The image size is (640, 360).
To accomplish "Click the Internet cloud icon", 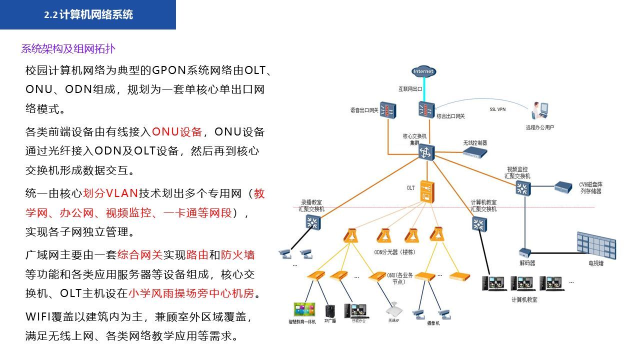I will click(x=423, y=71).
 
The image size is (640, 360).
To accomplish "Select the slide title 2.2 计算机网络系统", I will click(x=88, y=15).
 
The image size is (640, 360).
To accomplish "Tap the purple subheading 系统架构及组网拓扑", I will click(x=68, y=49).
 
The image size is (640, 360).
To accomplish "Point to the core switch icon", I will click(x=426, y=152).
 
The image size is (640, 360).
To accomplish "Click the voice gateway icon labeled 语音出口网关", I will click(x=387, y=110).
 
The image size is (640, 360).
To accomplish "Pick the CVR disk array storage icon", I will click(x=563, y=187).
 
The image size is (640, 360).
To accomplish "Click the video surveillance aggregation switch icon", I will click(x=522, y=188).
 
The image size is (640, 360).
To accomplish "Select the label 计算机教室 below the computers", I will click(x=524, y=300).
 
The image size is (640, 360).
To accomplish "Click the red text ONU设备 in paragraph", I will click(x=177, y=132).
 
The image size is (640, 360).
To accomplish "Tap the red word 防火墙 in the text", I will click(x=237, y=255).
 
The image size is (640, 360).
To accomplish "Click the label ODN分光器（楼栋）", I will click(x=394, y=252).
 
